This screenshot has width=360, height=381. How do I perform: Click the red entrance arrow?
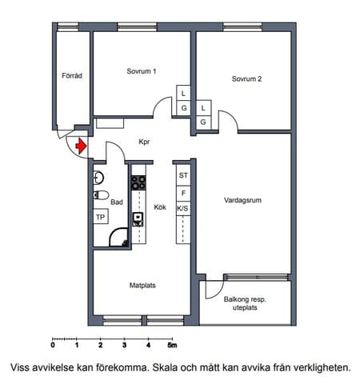[81, 146]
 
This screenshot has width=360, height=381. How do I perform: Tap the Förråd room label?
[72, 75]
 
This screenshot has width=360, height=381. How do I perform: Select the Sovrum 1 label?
[142, 71]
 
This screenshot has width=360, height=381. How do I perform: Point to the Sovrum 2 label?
[246, 78]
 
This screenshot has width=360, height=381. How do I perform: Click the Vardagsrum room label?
[242, 200]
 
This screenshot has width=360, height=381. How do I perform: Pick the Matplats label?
[142, 285]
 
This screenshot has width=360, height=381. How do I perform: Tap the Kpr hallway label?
[144, 142]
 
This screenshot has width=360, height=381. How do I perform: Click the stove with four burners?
[138, 182]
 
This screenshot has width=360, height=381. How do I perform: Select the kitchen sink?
[138, 219]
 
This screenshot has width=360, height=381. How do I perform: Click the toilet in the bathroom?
[101, 195]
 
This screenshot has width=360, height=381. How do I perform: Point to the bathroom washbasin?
[98, 178]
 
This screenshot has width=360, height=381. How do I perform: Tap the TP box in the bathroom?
[101, 217]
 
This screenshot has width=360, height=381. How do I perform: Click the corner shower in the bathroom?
[119, 238]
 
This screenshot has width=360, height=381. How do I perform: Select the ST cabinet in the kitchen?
[183, 175]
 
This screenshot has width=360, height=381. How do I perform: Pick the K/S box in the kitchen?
[183, 208]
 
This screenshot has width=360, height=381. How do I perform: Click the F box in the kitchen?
[183, 193]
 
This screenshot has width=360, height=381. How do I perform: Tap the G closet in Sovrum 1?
[184, 108]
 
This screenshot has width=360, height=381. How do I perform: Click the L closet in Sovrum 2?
[203, 108]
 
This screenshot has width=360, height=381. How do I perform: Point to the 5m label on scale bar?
[172, 345]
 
